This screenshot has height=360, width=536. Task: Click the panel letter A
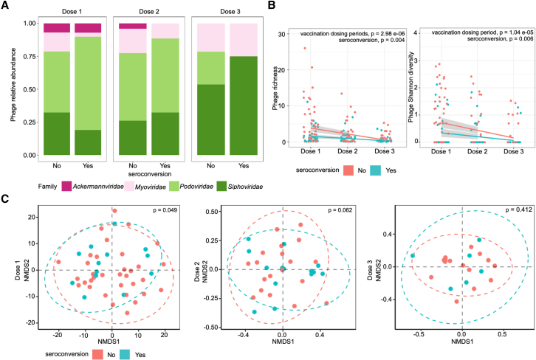click(6, 7)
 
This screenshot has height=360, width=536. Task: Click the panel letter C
click(6, 199)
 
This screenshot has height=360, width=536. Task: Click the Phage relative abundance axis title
click(10, 89)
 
